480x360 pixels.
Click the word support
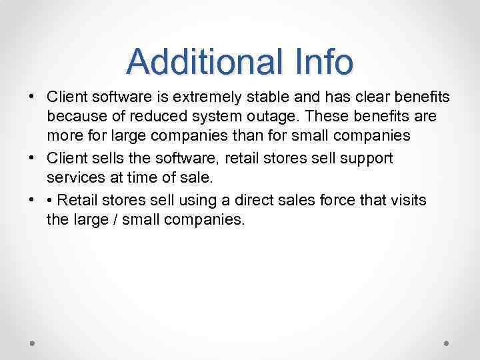click(366, 159)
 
